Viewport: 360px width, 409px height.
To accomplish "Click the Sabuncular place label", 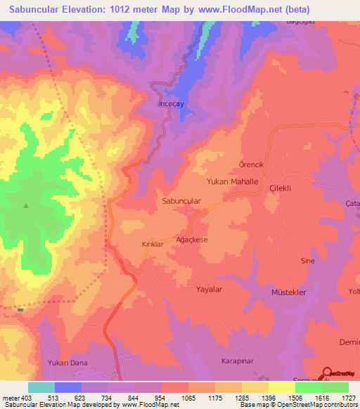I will [182, 201].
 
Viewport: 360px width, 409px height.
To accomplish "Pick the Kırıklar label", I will [153, 244].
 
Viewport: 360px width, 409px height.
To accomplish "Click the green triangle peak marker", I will [26, 206].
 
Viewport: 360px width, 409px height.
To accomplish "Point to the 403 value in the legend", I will [27, 398].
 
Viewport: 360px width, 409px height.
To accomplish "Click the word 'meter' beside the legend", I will [10, 398].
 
